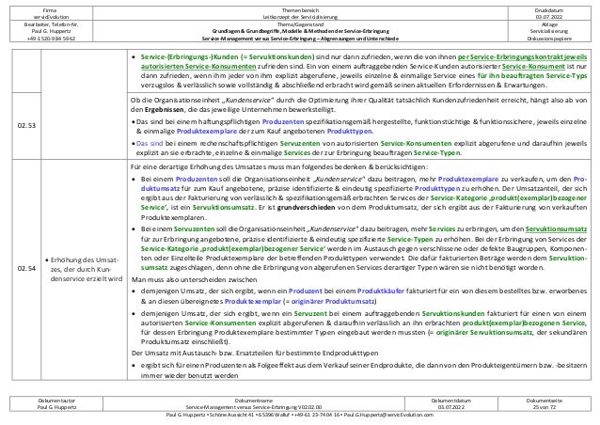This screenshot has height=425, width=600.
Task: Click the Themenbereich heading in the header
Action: pyautogui.click(x=299, y=7)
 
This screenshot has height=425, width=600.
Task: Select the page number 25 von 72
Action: pyautogui.click(x=547, y=407)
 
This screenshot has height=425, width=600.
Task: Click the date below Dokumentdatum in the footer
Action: pyautogui.click(x=443, y=407)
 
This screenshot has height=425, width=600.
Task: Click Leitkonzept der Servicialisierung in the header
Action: pyautogui.click(x=299, y=16)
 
